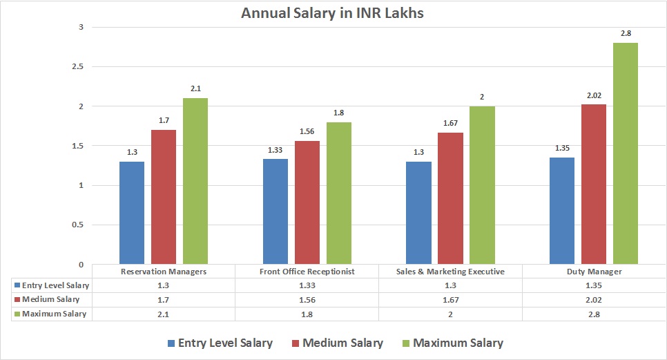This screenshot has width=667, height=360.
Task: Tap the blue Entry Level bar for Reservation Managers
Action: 132,213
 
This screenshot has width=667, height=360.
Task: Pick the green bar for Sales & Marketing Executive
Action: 482,185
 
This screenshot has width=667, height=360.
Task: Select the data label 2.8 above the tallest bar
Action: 626,33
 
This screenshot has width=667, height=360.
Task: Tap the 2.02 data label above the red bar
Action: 594,95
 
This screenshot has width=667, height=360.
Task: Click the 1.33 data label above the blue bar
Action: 275,149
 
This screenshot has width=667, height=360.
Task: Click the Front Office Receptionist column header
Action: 307,272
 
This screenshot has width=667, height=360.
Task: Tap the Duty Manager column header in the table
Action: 594,272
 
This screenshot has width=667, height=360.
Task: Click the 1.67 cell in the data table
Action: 450,299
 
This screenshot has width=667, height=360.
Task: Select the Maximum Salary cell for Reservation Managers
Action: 164,314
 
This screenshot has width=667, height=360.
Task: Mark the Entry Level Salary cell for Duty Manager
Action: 594,285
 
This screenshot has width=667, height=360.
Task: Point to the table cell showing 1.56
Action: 307,299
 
